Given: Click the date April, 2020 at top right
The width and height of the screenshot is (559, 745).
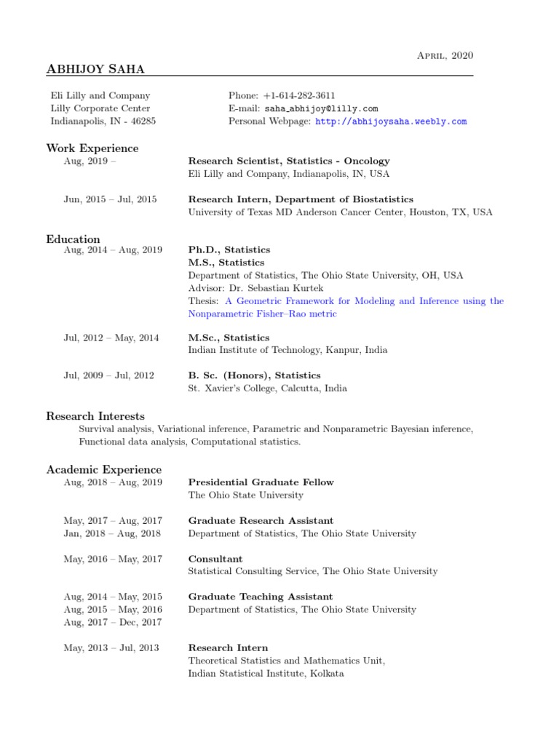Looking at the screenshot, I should tap(445, 55).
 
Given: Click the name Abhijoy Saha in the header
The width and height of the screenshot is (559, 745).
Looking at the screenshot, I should tap(95, 69).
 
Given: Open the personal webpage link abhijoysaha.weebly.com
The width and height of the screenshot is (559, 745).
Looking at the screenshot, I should tap(390, 121).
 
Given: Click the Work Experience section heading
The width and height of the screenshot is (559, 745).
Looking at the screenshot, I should tap(92, 148).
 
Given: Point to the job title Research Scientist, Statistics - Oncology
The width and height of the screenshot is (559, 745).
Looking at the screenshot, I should tap(289, 161).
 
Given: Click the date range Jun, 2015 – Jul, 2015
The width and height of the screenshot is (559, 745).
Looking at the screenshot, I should tap(110, 199).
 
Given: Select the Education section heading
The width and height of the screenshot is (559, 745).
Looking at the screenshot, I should tap(74, 239).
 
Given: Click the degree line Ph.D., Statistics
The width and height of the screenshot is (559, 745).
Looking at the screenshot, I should tap(229, 250).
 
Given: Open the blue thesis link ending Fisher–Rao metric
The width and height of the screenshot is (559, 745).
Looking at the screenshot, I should tap(263, 314).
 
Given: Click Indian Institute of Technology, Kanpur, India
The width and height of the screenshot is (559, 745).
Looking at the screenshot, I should tap(288, 350).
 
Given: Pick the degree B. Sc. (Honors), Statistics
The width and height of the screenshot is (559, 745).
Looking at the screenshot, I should tap(254, 375).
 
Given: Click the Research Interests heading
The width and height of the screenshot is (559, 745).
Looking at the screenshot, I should tap(95, 416).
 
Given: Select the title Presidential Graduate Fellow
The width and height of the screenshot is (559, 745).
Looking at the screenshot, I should tap(261, 482).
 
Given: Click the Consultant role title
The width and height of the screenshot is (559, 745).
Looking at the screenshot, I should tap(215, 559).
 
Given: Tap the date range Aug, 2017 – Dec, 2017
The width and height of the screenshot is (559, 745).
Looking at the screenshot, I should tap(113, 622).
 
